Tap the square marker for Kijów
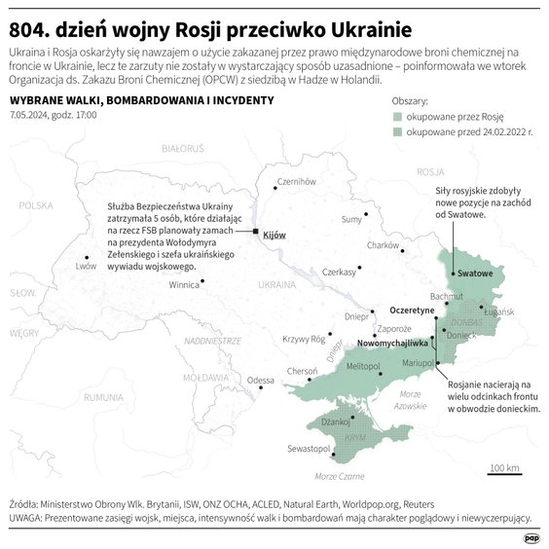click(256, 232)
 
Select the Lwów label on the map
click(88, 265)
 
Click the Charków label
click(384, 245)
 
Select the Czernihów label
click(297, 181)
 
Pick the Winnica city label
click(184, 286)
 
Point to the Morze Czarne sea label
click(341, 477)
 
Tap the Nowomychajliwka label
click(393, 344)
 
